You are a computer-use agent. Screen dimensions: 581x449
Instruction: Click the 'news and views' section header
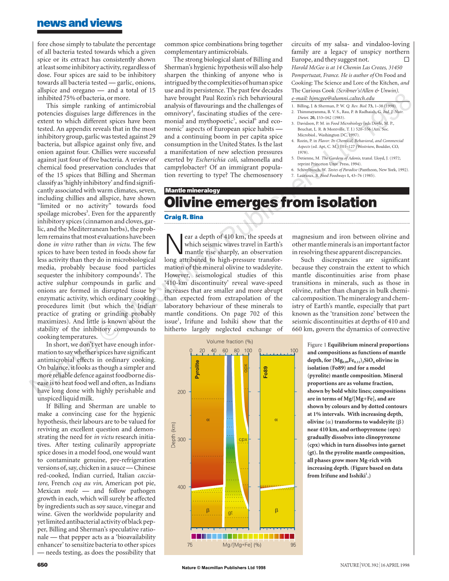(80, 23)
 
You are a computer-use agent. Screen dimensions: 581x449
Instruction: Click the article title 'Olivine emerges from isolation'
(270, 202)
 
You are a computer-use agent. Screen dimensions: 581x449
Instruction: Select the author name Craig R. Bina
(184, 217)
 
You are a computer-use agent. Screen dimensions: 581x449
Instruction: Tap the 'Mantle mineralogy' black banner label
(192, 191)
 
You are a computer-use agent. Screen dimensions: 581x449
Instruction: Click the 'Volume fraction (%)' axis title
(229, 342)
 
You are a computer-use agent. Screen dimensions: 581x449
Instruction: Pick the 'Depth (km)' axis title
(173, 435)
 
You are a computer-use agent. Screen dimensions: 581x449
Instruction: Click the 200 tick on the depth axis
(181, 392)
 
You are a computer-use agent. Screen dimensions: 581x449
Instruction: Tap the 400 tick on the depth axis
(181, 487)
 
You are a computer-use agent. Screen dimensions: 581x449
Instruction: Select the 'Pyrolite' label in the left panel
(197, 369)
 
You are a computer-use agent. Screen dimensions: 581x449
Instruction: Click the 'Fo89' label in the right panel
(265, 372)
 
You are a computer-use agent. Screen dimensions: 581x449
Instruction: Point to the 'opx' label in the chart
(246, 368)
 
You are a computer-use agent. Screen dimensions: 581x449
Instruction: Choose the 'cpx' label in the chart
(243, 439)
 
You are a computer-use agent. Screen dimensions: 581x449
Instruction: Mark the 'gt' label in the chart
(230, 513)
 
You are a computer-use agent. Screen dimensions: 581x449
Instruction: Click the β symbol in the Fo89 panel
(276, 511)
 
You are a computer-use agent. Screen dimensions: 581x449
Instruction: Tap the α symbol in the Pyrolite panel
(208, 419)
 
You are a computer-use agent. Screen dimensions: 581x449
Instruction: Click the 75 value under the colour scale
(190, 545)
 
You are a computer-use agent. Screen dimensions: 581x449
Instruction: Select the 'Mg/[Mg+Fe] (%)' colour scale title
(242, 545)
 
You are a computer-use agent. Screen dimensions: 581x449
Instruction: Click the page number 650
(42, 565)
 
